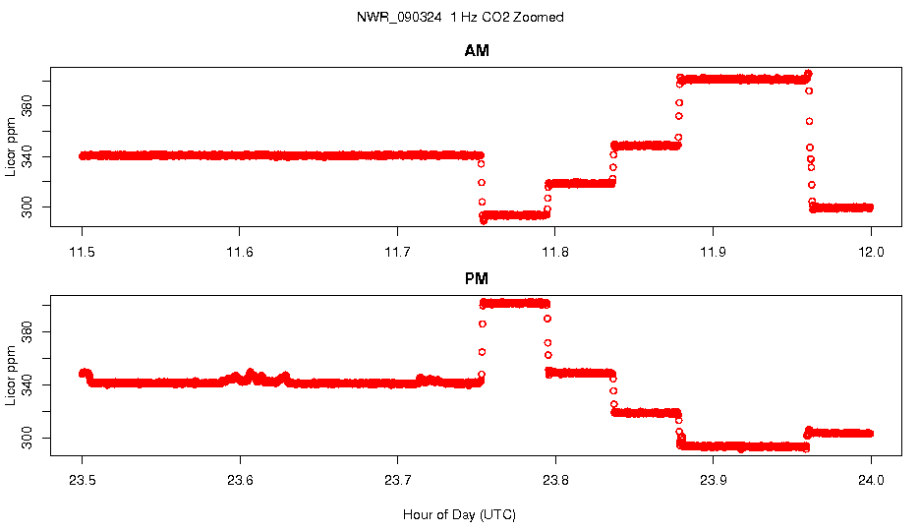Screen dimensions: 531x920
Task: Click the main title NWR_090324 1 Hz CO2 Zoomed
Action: (x=460, y=18)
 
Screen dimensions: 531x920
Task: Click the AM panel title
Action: (x=477, y=51)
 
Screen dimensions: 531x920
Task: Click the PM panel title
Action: (x=477, y=279)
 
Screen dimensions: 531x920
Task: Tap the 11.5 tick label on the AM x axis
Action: (x=83, y=252)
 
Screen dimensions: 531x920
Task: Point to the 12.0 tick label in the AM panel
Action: (x=871, y=252)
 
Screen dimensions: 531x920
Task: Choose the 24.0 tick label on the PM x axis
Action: (x=871, y=481)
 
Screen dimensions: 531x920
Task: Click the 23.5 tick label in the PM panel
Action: (x=83, y=481)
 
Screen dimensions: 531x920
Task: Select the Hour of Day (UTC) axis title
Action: (x=459, y=514)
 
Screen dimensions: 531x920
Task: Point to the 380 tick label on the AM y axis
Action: (x=28, y=105)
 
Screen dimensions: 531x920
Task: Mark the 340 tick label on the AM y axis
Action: (x=28, y=155)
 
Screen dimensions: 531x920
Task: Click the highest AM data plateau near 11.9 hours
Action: (x=742, y=79)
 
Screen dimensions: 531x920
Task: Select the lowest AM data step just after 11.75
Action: (x=514, y=214)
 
